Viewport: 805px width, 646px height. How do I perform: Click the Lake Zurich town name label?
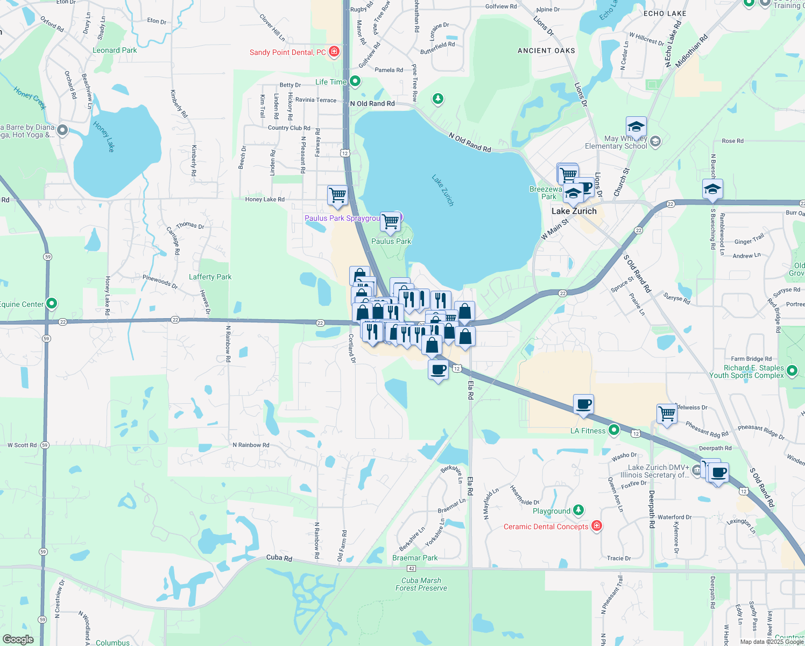[574, 211]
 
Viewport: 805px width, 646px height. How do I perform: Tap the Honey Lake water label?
[104, 137]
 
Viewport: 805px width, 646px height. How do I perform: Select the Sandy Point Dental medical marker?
[334, 52]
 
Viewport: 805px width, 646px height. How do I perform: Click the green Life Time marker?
[355, 82]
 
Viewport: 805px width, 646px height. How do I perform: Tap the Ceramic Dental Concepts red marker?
[596, 526]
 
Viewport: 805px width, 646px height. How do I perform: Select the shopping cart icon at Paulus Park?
[390, 221]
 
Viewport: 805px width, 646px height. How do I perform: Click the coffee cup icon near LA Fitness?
[583, 404]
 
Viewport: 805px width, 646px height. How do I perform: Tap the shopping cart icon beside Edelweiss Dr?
[667, 414]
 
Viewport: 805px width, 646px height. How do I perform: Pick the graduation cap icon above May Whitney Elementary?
[636, 127]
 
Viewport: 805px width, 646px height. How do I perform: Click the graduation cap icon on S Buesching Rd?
[712, 189]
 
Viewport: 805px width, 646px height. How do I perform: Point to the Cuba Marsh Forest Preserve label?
[421, 584]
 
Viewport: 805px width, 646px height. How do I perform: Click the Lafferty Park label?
[210, 277]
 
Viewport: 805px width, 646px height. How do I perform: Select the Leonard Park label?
[115, 50]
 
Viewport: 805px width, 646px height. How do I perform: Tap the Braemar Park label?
[415, 558]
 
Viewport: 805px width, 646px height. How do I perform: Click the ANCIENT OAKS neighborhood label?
[546, 51]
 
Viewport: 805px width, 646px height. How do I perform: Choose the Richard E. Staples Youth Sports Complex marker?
[792, 370]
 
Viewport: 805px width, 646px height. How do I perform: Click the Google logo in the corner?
[18, 640]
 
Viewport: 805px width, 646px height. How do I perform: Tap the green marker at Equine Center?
[52, 304]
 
